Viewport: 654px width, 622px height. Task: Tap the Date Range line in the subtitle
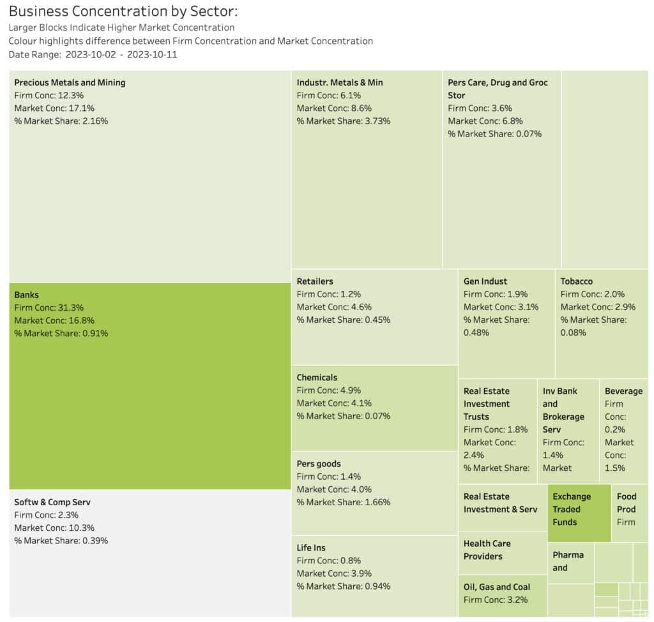(x=93, y=54)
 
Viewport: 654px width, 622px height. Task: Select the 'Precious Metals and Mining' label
(x=70, y=82)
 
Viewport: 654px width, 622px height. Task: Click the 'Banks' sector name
(x=26, y=295)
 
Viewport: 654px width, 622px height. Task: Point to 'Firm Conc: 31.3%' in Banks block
(x=49, y=307)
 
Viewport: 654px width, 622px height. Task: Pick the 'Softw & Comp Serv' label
(x=52, y=502)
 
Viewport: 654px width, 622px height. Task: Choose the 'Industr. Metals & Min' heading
(x=340, y=82)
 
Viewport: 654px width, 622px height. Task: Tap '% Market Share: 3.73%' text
(x=343, y=121)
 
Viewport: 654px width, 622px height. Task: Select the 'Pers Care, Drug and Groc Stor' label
(x=498, y=89)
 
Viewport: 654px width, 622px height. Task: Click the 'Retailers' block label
(x=315, y=281)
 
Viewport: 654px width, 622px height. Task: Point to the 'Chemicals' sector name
(x=317, y=378)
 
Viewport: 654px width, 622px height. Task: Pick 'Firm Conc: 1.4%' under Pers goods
(x=329, y=477)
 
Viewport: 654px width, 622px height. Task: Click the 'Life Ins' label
(x=311, y=547)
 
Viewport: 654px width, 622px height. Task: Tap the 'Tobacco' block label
(x=577, y=281)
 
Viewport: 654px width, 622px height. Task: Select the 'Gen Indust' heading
(x=485, y=281)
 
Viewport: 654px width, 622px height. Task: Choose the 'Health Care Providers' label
(x=487, y=550)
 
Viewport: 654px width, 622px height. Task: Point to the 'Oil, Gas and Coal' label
(x=497, y=587)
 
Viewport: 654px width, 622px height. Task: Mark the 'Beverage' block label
(x=623, y=391)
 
